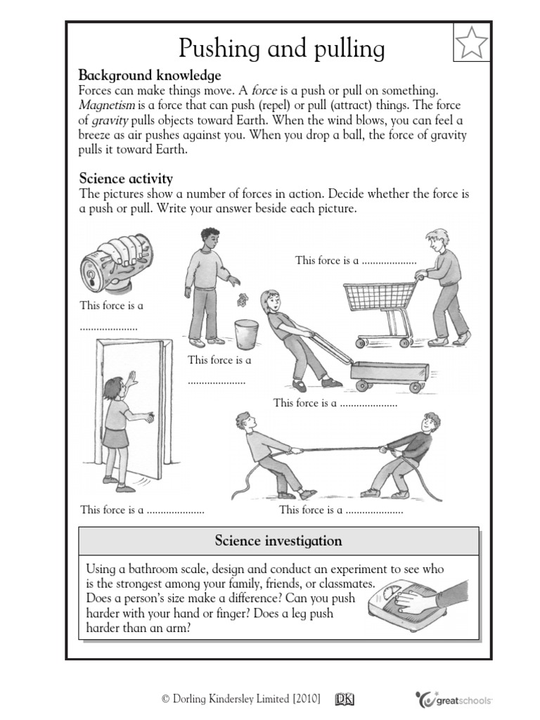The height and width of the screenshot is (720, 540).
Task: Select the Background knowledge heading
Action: pyautogui.click(x=150, y=75)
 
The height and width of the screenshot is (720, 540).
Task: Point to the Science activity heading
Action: pyautogui.click(x=126, y=179)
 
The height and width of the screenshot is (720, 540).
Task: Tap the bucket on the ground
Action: pyautogui.click(x=246, y=333)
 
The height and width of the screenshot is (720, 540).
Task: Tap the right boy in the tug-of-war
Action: pyautogui.click(x=408, y=454)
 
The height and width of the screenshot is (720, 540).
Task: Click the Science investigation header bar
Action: pyautogui.click(x=278, y=541)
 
